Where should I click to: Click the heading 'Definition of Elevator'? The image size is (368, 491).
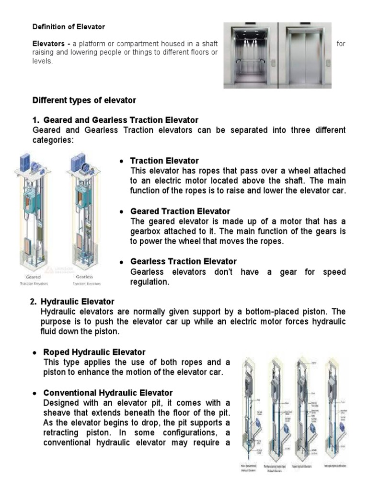(x=68, y=27)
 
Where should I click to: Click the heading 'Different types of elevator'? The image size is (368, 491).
(x=84, y=100)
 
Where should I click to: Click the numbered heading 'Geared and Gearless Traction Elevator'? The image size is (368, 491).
(x=120, y=119)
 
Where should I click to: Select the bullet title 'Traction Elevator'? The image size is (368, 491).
(x=164, y=161)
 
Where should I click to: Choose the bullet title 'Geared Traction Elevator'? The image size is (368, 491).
(x=180, y=211)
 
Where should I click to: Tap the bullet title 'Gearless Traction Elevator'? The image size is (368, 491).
(x=184, y=261)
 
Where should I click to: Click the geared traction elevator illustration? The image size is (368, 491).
(x=33, y=211)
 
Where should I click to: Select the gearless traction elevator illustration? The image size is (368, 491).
(x=83, y=211)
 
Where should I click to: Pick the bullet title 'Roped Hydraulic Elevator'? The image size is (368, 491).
(x=94, y=352)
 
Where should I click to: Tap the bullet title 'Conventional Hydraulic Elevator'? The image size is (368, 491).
(x=108, y=393)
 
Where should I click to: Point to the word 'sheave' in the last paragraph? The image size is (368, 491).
(x=56, y=412)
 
